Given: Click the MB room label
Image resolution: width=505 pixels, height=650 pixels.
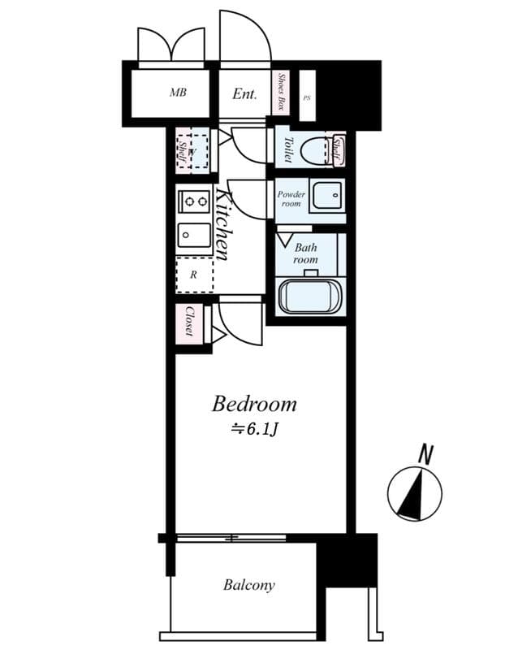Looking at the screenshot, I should [x=178, y=93].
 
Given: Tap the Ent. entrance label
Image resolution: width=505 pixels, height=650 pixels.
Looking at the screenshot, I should [x=244, y=94].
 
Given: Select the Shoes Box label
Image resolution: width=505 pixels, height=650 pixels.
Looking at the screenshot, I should [x=283, y=92].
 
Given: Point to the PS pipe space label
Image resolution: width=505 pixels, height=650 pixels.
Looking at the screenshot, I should [x=306, y=97].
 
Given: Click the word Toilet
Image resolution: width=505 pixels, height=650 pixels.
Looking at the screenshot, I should [x=287, y=149].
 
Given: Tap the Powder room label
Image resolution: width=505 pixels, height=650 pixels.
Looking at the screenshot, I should [x=291, y=199].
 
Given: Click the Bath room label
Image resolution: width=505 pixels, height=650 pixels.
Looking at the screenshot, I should [x=305, y=253].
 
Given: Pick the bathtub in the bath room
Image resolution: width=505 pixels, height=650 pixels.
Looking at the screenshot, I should [x=312, y=296].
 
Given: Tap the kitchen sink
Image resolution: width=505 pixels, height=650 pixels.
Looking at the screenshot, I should [x=194, y=236].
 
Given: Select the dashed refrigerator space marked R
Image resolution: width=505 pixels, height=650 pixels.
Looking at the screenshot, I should [x=194, y=275].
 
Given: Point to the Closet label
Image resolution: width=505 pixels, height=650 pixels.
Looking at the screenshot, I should [x=189, y=322].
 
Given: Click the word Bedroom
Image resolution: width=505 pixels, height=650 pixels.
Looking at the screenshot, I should [x=254, y=404].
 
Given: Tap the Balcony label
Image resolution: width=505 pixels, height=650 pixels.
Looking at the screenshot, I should [x=249, y=585].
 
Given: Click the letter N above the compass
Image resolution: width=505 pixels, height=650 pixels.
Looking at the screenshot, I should [x=424, y=456].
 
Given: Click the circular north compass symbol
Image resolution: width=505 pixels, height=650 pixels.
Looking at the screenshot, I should [x=415, y=493].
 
